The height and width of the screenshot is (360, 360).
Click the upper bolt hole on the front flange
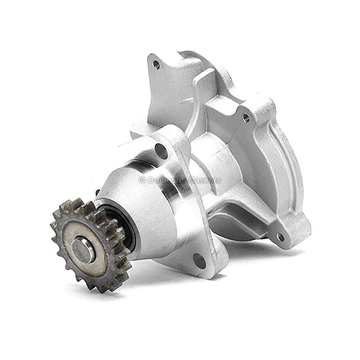(161, 151)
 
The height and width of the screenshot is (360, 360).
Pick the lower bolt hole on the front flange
(199, 260)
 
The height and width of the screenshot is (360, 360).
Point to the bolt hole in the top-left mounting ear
(156, 65)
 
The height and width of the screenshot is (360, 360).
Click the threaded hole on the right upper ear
(246, 118)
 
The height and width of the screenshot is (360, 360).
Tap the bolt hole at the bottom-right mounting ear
(280, 237)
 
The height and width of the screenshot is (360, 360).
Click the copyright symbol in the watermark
(142, 180)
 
